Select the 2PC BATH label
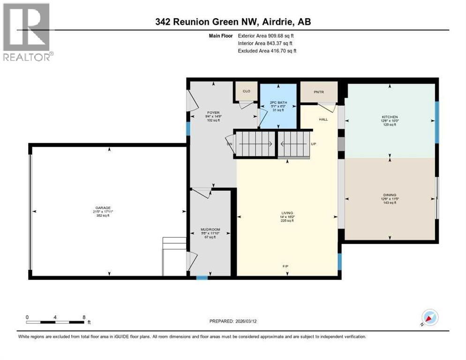(x=278, y=102)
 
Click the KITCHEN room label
(x=389, y=117)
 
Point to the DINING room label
(x=389, y=195)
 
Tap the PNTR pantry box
(x=319, y=92)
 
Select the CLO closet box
(x=246, y=91)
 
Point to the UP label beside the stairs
(x=313, y=144)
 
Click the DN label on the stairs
(x=229, y=144)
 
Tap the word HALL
(x=323, y=120)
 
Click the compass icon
(x=429, y=318)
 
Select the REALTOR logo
(x=27, y=32)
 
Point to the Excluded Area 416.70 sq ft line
(x=267, y=51)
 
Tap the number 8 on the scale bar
(x=83, y=317)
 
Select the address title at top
(x=233, y=22)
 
